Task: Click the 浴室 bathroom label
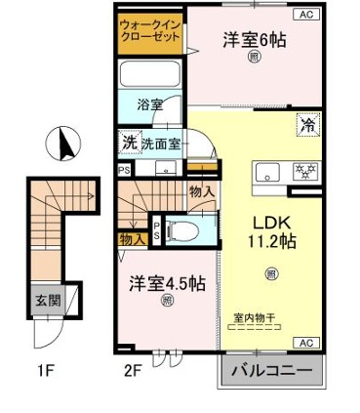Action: coord(148,103)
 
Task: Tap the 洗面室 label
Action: coord(161,143)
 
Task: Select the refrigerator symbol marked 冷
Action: coord(307,125)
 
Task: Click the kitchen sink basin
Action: coord(267,171)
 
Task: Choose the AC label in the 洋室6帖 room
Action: coord(304,15)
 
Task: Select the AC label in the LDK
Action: coord(303,343)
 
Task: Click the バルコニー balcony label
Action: coord(272,373)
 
